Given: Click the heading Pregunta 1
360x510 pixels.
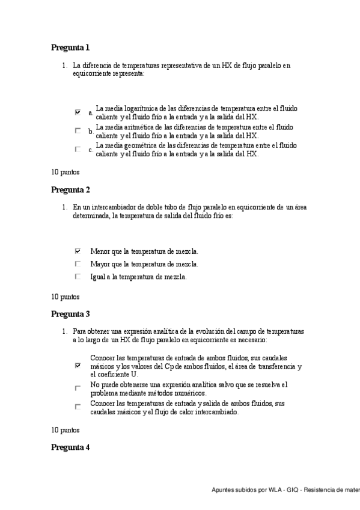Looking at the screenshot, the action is coord(70,48).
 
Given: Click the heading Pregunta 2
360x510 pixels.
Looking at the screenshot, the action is coord(70,190).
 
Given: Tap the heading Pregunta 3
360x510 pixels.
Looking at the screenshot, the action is coord(70,314).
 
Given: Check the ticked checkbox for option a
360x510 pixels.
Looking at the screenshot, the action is coord(78,112).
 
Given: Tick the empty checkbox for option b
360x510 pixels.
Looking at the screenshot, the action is coord(78,130).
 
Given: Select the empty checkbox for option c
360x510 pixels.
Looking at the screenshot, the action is coord(78,149).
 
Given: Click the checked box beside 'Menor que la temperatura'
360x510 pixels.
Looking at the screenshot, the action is coord(78,251).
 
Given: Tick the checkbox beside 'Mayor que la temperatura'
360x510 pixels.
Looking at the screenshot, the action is coord(78,263).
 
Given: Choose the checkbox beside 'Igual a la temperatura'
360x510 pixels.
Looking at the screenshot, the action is coord(78,277).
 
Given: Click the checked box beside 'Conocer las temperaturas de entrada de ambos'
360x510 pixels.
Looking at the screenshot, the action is coord(78,365).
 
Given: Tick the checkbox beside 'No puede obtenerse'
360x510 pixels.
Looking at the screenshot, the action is coord(78,388).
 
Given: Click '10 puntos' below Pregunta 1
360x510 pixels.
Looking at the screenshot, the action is coord(65,171).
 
